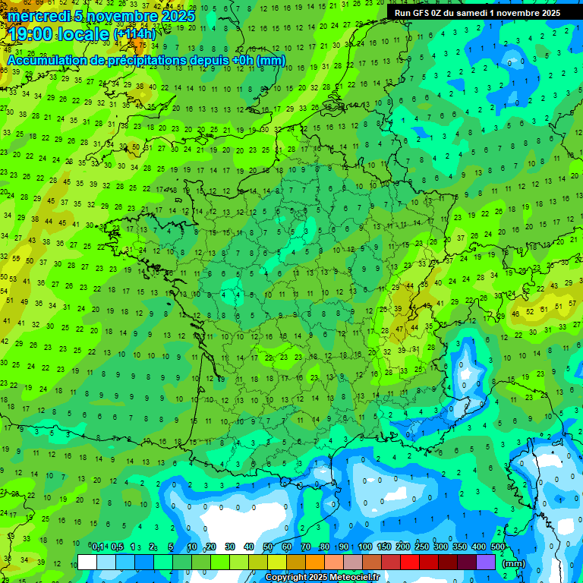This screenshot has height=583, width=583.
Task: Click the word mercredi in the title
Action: [x=38, y=15]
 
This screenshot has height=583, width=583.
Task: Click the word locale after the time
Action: [x=84, y=33]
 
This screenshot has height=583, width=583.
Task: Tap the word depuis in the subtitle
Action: [x=215, y=60]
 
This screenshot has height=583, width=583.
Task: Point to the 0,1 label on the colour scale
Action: [x=98, y=547]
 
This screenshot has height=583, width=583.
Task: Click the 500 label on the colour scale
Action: [x=498, y=547]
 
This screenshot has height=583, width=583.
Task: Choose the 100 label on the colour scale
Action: [x=366, y=547]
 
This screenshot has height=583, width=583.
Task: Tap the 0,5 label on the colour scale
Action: [x=117, y=547]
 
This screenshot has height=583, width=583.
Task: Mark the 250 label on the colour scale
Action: [x=422, y=547]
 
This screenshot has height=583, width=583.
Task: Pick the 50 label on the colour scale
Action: [x=268, y=547]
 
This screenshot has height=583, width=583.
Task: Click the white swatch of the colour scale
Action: [x=87, y=562]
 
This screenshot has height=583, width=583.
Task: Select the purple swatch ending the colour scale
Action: [x=486, y=562]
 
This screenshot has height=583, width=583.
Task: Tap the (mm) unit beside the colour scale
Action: [x=514, y=563]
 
